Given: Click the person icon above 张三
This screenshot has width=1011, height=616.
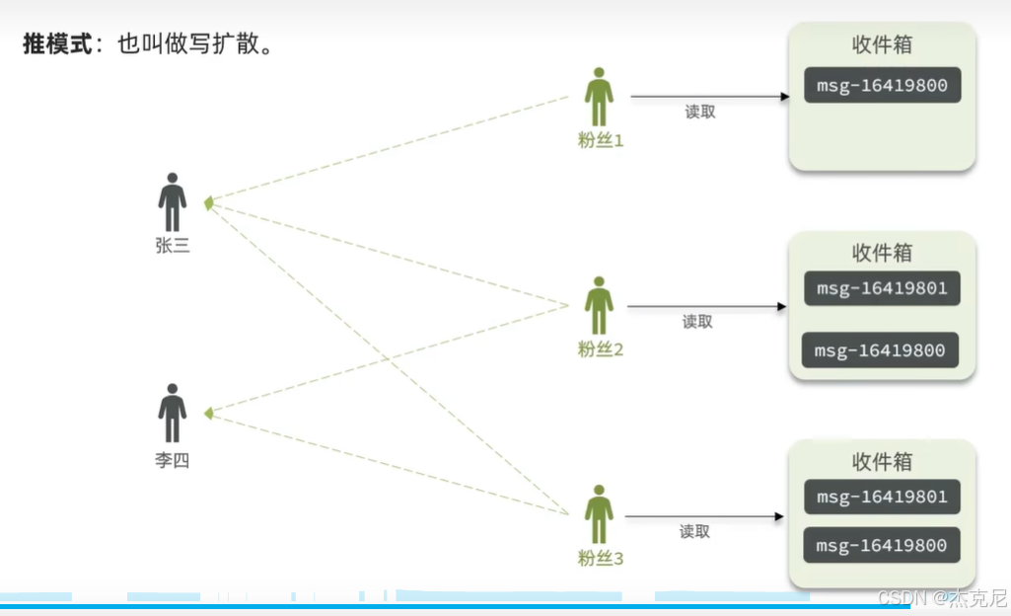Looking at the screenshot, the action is point(173,202).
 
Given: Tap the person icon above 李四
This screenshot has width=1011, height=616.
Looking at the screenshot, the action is point(173,413).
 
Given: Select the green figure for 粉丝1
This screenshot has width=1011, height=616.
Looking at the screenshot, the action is point(599,98).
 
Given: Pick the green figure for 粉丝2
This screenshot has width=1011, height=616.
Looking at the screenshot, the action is point(599,306).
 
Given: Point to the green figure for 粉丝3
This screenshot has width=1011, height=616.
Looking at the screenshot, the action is point(599,514).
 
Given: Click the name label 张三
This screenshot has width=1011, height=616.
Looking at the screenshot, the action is point(173,246).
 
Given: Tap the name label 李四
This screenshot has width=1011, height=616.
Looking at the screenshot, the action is point(173,460).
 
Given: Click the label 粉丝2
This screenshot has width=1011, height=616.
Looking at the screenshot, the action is point(601,349).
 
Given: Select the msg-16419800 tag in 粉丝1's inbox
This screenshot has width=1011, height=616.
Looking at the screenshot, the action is point(882,86).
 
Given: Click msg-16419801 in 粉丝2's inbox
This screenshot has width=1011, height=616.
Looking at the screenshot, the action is point(882,288).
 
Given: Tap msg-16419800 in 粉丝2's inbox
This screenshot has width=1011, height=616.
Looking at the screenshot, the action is point(880,350).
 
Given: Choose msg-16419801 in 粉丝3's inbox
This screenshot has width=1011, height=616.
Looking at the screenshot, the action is point(882,497).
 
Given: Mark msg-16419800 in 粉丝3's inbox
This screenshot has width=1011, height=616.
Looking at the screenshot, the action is point(882,546).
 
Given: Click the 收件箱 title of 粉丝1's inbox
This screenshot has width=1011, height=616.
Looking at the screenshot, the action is point(882,45).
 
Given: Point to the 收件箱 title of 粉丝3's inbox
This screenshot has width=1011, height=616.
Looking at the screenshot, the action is point(882,462).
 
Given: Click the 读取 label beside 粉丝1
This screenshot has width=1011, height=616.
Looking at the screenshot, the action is point(700,113).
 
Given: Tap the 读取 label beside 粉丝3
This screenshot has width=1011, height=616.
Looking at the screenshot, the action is point(694,531).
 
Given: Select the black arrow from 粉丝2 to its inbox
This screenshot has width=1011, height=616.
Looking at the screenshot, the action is point(706,306).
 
